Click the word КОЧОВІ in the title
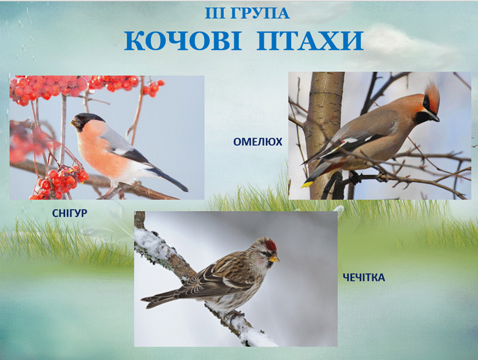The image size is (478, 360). (x=183, y=41)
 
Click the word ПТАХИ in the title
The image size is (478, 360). (x=310, y=41)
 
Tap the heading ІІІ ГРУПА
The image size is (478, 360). (x=247, y=13)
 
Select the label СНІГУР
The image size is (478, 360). (x=70, y=213)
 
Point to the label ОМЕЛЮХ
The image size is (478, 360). (x=257, y=142)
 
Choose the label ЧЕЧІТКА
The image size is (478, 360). (x=364, y=278)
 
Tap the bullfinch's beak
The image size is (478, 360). (x=73, y=123)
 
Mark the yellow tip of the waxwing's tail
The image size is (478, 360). (x=307, y=184)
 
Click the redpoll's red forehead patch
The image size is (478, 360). (x=270, y=245)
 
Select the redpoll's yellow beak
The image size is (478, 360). (x=274, y=260)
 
